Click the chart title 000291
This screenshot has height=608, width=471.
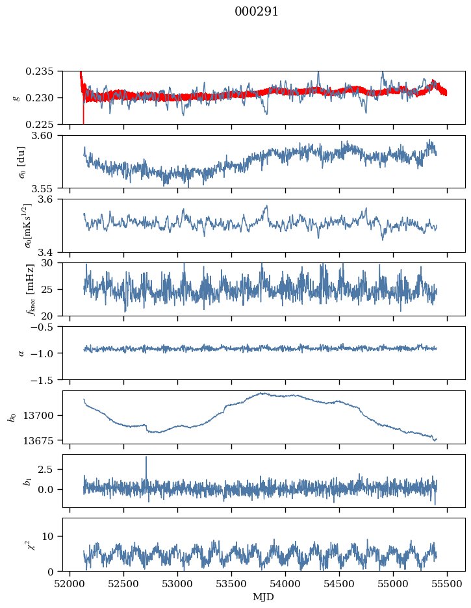click(x=257, y=12)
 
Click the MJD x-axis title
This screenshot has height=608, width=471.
click(x=264, y=596)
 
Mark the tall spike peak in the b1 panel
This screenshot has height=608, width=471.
click(x=146, y=457)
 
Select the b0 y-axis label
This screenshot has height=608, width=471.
click(x=12, y=417)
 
